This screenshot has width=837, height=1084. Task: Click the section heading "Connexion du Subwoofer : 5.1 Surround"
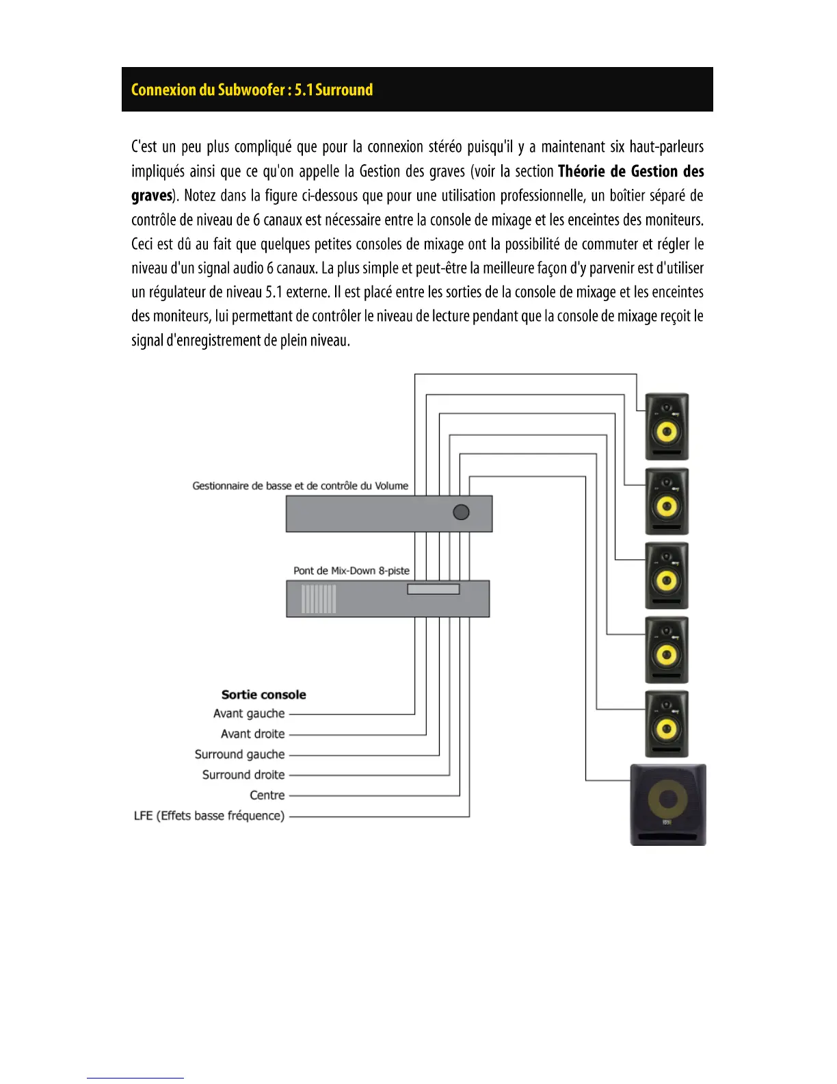[x=252, y=90]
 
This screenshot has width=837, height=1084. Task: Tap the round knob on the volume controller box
[x=462, y=512]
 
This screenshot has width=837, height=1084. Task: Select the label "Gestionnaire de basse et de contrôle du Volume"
[x=300, y=486]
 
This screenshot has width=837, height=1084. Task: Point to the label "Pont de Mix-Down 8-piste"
[x=351, y=571]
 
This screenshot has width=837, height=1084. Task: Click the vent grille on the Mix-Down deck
[x=319, y=599]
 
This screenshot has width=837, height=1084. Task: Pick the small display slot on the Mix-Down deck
[x=434, y=589]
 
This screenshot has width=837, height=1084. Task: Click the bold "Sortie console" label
[x=263, y=695]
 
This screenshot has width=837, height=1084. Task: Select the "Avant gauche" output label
[x=249, y=714]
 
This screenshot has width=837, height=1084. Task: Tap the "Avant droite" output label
[x=252, y=734]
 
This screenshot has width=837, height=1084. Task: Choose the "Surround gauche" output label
[x=239, y=755]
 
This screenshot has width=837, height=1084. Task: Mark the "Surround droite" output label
[x=243, y=775]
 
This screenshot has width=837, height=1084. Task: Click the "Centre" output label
[x=267, y=796]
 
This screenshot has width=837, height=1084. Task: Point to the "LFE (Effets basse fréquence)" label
[x=209, y=816]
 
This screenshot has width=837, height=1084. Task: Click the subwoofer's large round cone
[x=668, y=799]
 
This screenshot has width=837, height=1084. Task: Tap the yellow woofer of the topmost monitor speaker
[x=667, y=433]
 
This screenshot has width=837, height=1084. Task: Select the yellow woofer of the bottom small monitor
[x=667, y=729]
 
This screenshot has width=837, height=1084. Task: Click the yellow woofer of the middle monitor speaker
[x=667, y=581]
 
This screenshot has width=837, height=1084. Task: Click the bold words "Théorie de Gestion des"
[x=630, y=171]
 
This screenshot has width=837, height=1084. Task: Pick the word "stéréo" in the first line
[x=444, y=147]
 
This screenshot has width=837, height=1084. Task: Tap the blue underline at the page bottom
[x=135, y=1078]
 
